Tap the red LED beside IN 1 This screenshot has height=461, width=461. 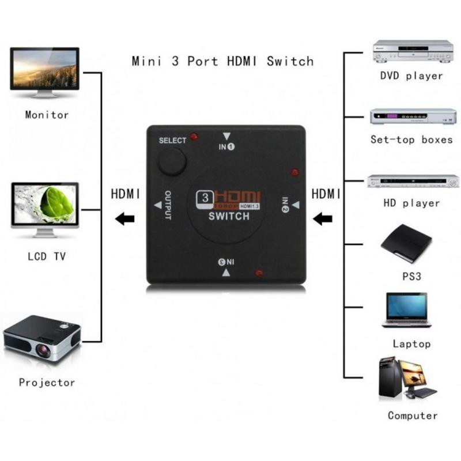point(194,137)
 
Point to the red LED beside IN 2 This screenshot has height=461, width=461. point(294,172)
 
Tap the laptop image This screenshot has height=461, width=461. point(406,311)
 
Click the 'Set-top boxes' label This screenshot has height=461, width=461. point(411,139)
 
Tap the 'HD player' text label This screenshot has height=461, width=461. point(411,203)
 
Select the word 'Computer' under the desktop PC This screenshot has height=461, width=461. point(412,415)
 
